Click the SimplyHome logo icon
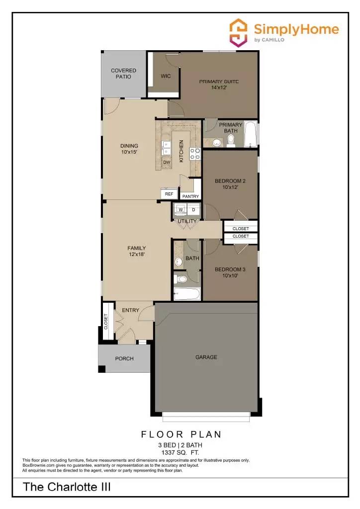point(238,33)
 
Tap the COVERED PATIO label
point(123,74)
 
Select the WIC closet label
point(166,77)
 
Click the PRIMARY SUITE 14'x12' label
point(219,85)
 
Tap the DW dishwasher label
point(167,162)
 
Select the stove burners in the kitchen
point(195,154)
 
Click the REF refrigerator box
point(169,194)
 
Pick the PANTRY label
point(190,196)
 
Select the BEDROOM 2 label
point(230,184)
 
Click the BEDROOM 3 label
point(230,272)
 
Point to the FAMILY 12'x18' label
point(136,251)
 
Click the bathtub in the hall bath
point(187,294)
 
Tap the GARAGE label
point(206,357)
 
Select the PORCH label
point(124,358)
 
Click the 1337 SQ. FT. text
point(181,452)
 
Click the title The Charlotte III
point(67,487)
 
